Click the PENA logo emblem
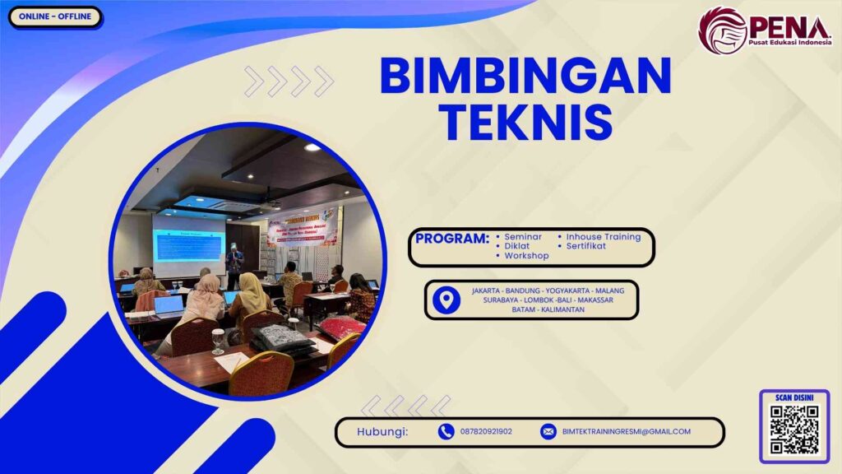[x=721, y=30]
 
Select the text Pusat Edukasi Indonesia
[x=790, y=41]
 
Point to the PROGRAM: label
[x=452, y=239]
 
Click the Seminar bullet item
[x=522, y=237]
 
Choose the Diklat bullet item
[x=516, y=246]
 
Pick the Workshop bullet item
[x=526, y=256]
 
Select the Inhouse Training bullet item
[x=603, y=237]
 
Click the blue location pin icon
[x=446, y=300]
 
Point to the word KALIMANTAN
[x=563, y=309]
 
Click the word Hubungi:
[x=382, y=431]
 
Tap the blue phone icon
[x=446, y=431]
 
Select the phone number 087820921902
[x=486, y=431]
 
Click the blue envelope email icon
[x=548, y=431]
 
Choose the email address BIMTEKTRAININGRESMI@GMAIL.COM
[x=627, y=431]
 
